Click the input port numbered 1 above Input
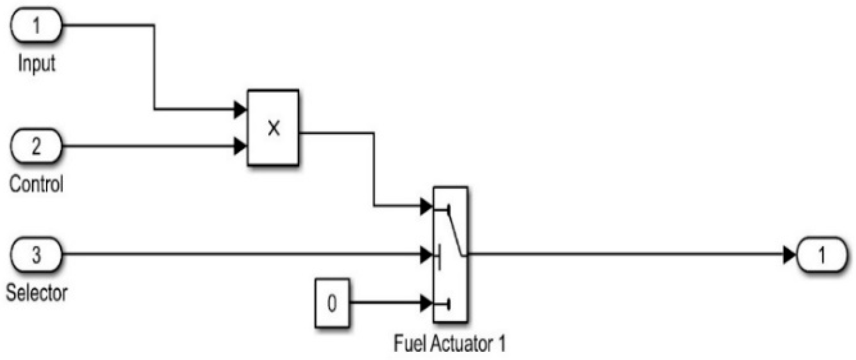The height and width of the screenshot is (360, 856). pos(36,25)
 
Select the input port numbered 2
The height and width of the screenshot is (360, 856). pos(36,146)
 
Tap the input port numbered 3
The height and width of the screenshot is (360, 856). pos(36,255)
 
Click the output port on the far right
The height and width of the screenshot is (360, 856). pos(821,255)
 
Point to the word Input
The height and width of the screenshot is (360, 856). pos(37,63)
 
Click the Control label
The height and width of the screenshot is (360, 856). pos(36,184)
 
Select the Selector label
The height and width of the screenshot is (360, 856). pos(37,293)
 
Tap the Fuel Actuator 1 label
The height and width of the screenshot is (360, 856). pos(449,344)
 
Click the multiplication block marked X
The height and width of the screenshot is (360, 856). pos(273,128)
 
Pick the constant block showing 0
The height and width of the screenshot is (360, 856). pos(332,303)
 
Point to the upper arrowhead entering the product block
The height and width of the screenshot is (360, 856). pos(240,110)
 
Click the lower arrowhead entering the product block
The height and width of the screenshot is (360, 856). pos(240,146)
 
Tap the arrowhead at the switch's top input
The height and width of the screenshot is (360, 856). pos(426,206)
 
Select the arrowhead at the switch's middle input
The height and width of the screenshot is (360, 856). pos(426,255)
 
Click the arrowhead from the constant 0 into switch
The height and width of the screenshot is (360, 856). pos(426,303)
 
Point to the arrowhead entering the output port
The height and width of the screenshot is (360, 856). pos(789,255)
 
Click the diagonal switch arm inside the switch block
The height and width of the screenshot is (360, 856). pos(455,233)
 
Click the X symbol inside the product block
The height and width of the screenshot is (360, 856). pos(273,128)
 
